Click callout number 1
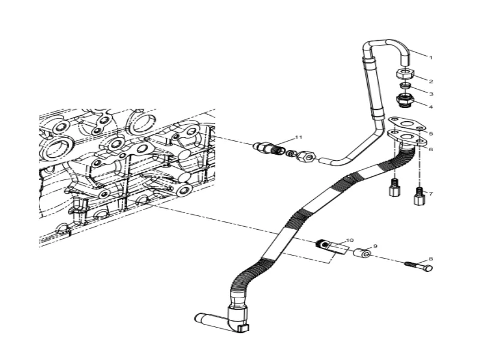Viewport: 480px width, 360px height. [x=430, y=57]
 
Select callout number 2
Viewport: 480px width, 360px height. [x=430, y=81]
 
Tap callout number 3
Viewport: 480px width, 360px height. [x=430, y=94]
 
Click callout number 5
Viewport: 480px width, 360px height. [x=430, y=134]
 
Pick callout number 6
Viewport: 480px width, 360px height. [x=430, y=149]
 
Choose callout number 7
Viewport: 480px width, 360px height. [x=430, y=194]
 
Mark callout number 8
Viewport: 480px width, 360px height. [x=430, y=259]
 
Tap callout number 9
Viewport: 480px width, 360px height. [x=375, y=246]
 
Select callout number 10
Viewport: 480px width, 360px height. [x=350, y=240]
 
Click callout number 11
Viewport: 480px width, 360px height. [x=299, y=137]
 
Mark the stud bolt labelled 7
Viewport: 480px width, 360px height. [x=418, y=195]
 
